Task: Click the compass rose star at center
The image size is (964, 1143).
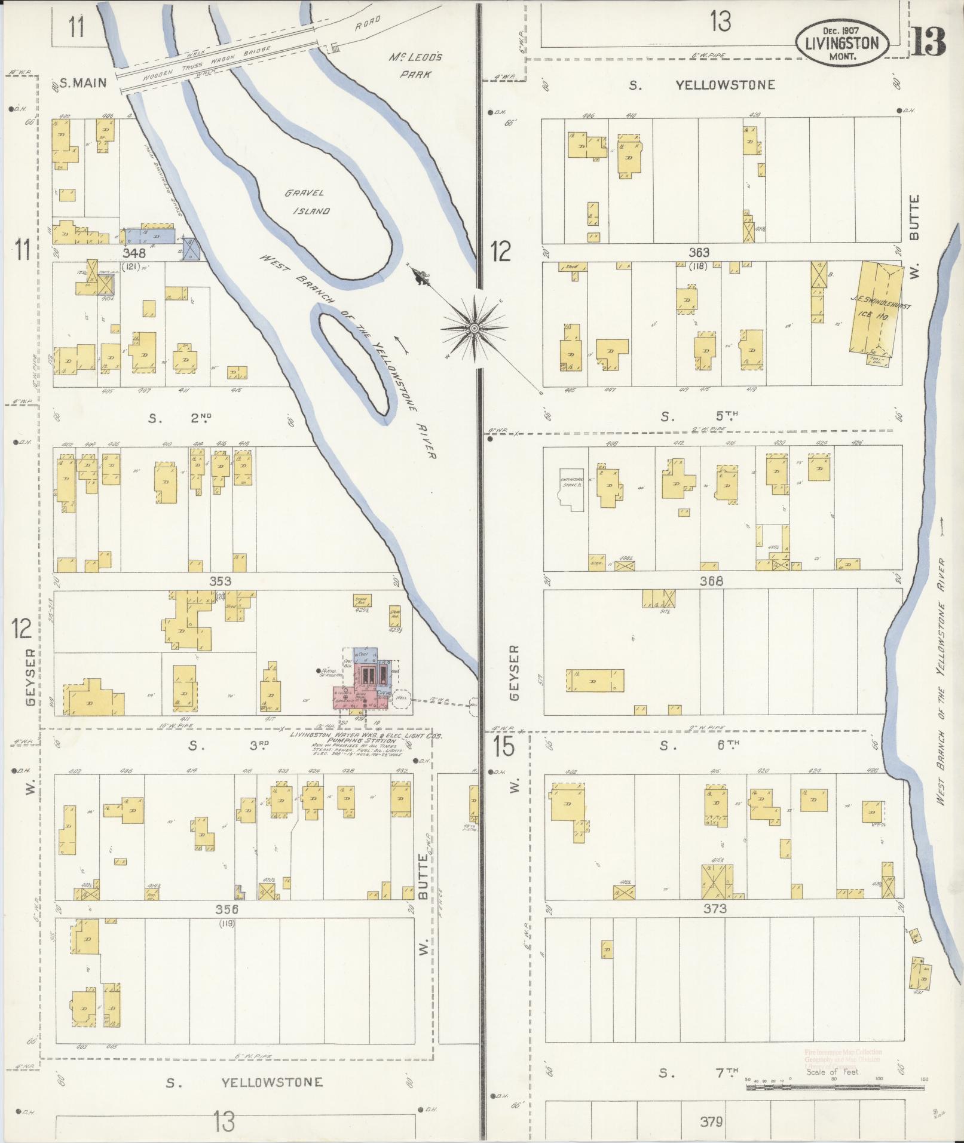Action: [474, 328]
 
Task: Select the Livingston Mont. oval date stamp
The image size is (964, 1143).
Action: [841, 42]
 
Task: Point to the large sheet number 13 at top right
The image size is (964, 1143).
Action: [930, 41]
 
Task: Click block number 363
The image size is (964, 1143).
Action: [699, 253]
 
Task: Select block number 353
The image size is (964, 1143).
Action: [220, 581]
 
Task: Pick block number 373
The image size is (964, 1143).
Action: [714, 926]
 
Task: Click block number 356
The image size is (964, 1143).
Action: [227, 926]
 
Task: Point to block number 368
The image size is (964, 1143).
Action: [711, 581]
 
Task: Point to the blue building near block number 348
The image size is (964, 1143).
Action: [155, 235]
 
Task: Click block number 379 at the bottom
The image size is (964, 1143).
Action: [711, 1121]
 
